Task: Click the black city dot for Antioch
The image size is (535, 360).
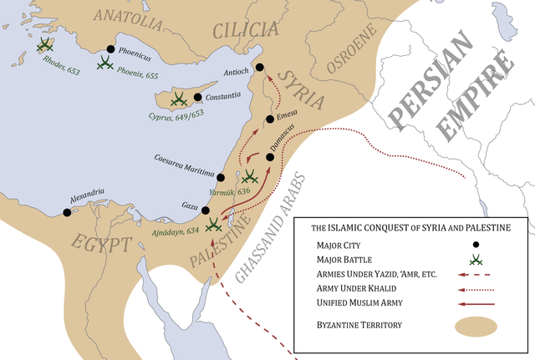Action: pyautogui.click(x=259, y=68)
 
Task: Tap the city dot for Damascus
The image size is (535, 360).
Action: pyautogui.click(x=271, y=157)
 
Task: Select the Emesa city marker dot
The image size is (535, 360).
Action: pyautogui.click(x=269, y=119)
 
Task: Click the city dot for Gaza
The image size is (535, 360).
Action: pyautogui.click(x=205, y=210)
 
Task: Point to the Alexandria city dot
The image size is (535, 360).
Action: pyautogui.click(x=67, y=212)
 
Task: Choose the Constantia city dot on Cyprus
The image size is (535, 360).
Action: pyautogui.click(x=197, y=97)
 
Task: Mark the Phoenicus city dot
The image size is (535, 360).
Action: pyautogui.click(x=110, y=48)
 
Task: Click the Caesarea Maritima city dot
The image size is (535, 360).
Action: pyautogui.click(x=221, y=177)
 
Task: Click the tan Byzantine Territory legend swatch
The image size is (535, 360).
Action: pyautogui.click(x=475, y=323)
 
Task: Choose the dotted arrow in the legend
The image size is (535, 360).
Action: pyautogui.click(x=475, y=289)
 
